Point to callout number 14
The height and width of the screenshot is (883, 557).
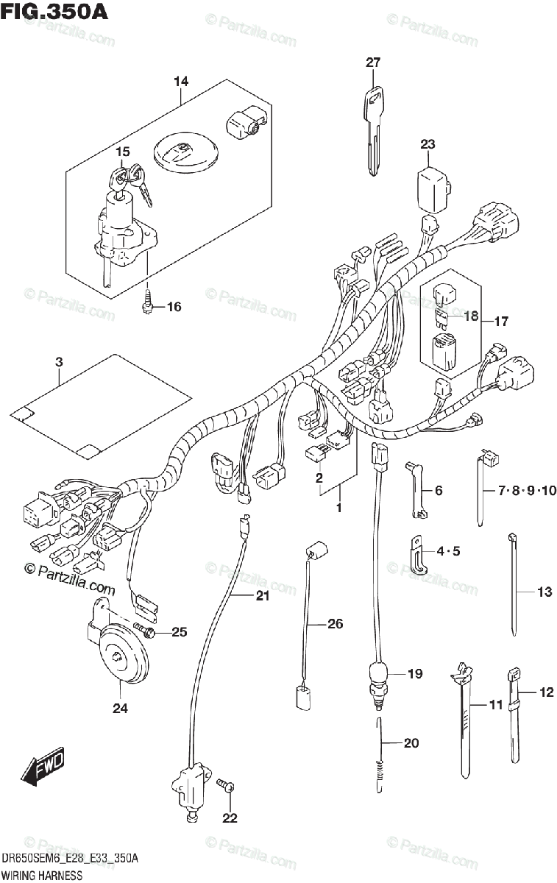coord(181,82)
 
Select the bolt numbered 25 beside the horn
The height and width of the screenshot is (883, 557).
coord(146,632)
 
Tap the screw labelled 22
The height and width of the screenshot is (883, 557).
coord(228,787)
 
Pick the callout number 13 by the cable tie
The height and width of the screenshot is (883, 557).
coord(544,592)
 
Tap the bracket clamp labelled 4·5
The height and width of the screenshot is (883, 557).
coord(419,559)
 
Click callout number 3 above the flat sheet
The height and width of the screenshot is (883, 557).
coord(59,361)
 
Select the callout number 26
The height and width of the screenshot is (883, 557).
coord(335,625)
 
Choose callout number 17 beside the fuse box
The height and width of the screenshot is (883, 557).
coord(500,322)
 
